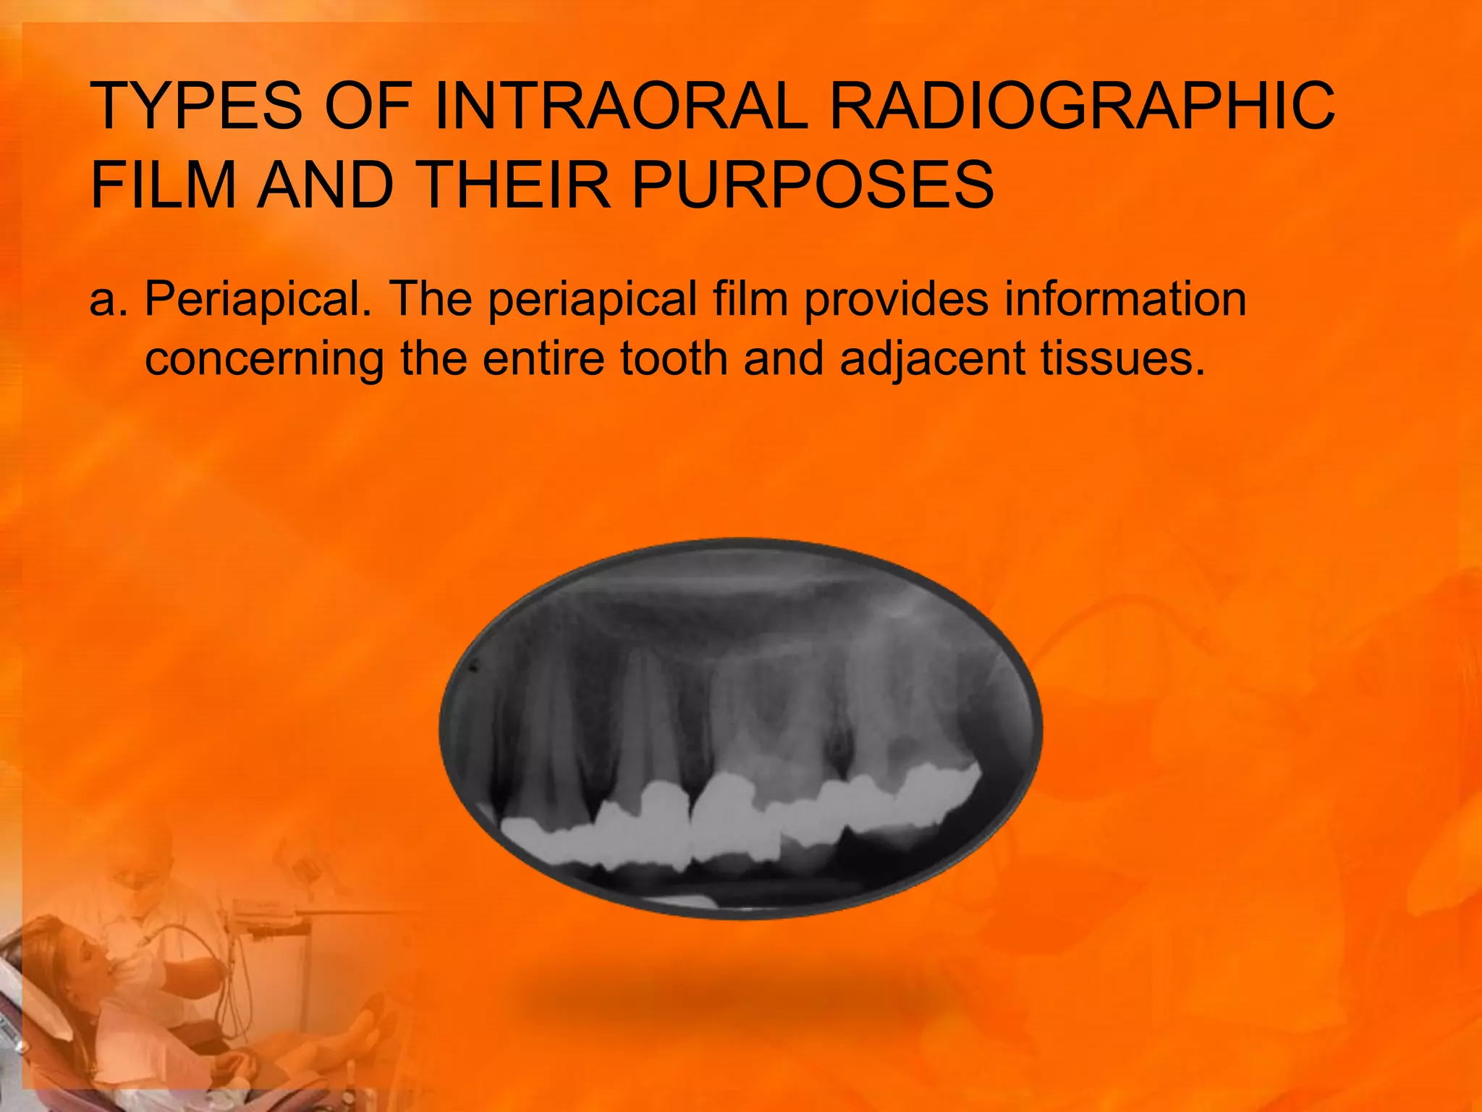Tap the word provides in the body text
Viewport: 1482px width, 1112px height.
(896, 299)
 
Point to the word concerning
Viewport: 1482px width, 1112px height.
(264, 359)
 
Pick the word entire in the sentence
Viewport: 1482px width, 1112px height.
(543, 359)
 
